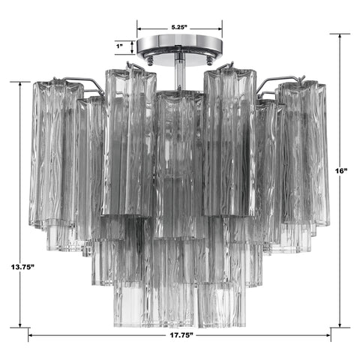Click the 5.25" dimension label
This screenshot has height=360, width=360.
click(178, 27)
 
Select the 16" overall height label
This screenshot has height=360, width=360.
click(342, 172)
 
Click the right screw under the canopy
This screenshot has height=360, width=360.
click(207, 60)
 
